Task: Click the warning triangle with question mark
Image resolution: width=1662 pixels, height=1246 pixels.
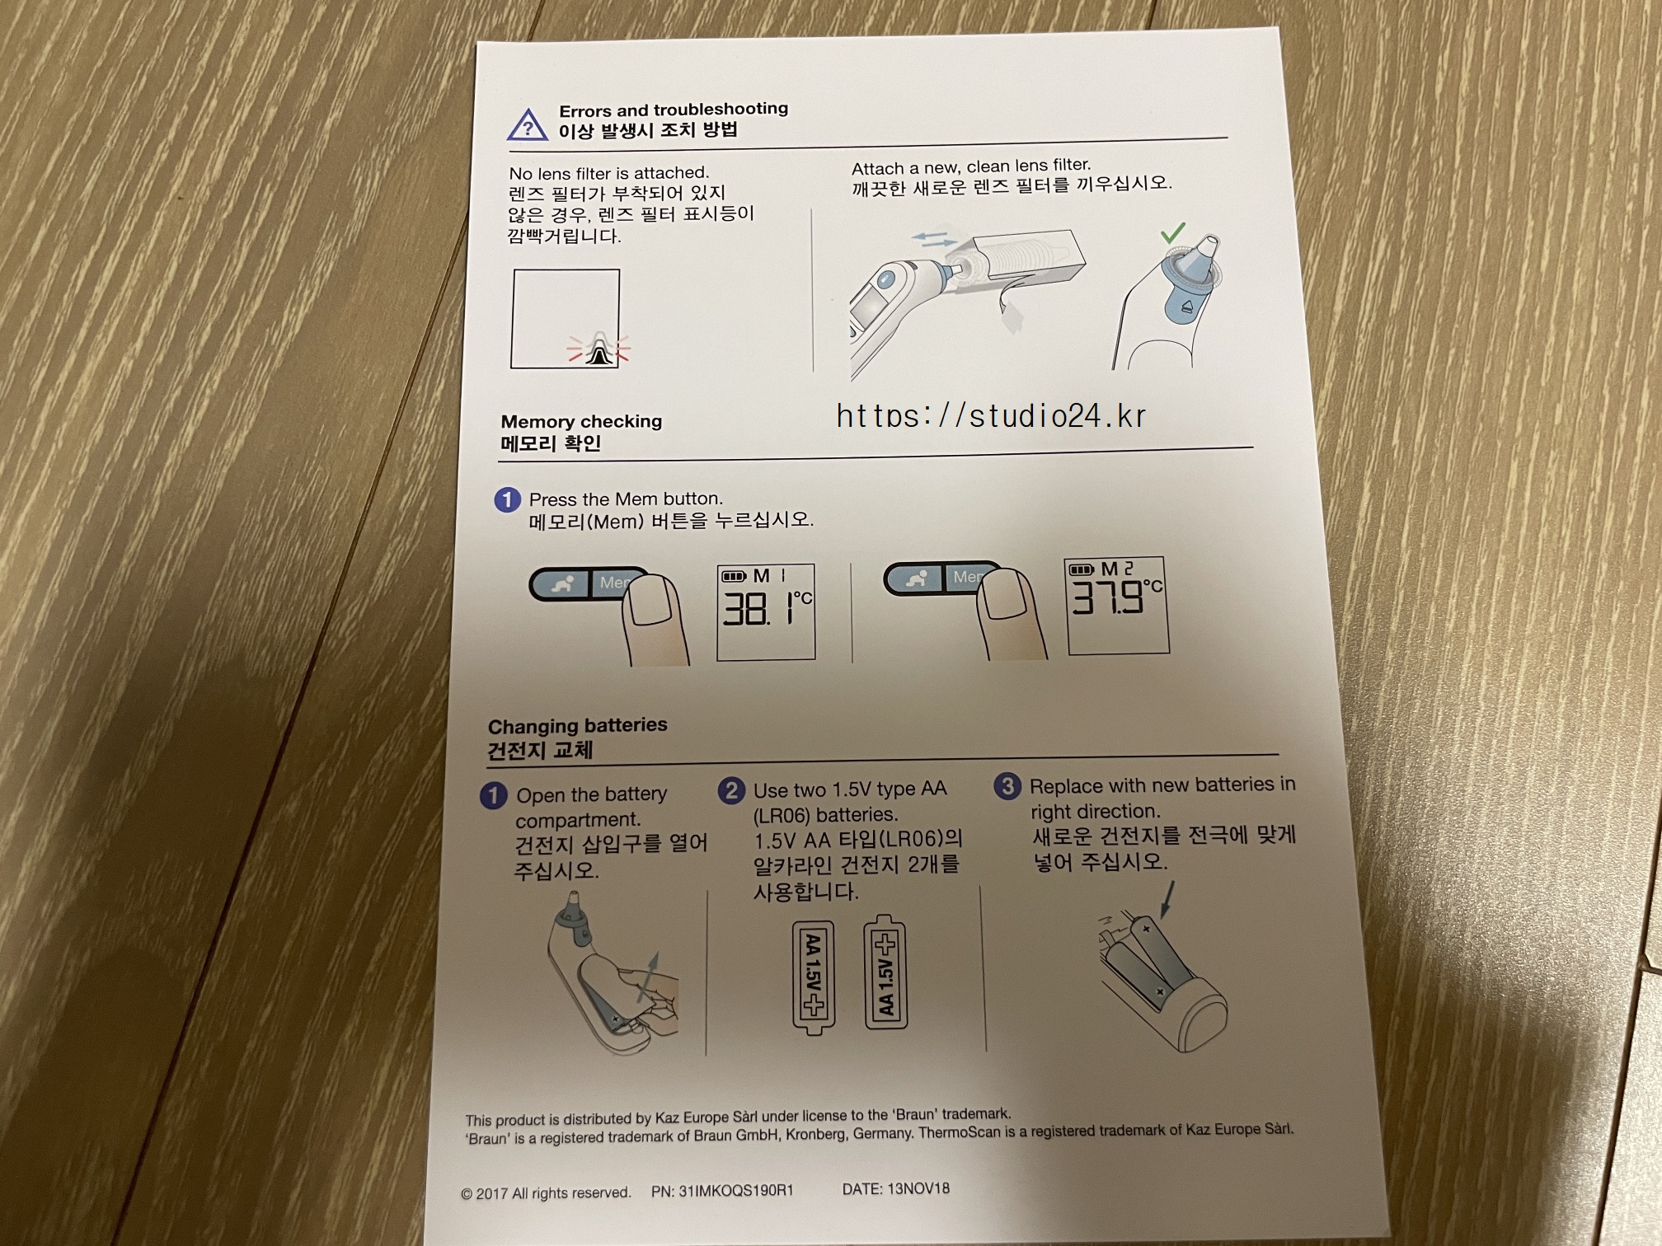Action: (x=528, y=125)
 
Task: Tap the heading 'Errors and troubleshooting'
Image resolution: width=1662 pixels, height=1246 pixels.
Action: (x=674, y=110)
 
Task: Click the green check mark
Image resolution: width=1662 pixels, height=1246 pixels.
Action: (x=1172, y=232)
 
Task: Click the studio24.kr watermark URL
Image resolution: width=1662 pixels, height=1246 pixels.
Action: (x=991, y=416)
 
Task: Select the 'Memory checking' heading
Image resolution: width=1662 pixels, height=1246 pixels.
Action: (x=581, y=421)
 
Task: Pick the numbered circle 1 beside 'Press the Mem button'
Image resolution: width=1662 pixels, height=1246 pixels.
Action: (x=507, y=499)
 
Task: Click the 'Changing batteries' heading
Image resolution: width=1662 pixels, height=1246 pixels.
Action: (x=577, y=726)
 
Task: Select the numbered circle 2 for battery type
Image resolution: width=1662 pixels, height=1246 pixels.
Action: (x=731, y=791)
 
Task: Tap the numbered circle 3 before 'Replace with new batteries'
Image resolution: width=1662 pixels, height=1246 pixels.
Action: (x=1007, y=786)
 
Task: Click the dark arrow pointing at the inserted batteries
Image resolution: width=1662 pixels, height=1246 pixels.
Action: (x=1167, y=899)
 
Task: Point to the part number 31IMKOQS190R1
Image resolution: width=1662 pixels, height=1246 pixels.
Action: (x=722, y=1191)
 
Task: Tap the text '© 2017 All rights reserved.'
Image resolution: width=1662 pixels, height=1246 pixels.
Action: (x=546, y=1193)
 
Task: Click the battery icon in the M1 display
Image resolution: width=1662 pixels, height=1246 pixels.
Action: (x=734, y=576)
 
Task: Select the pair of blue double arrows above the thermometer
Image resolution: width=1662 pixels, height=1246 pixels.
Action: (x=935, y=240)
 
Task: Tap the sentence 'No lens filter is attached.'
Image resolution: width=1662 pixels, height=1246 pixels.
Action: (x=608, y=173)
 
